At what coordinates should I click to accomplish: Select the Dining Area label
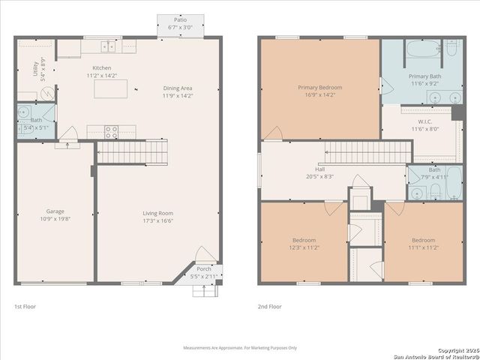[178, 88]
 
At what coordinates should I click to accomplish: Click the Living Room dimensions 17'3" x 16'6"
[158, 221]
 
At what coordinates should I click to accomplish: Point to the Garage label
[55, 211]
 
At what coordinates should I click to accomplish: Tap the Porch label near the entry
[204, 269]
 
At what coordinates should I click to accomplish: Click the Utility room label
[35, 68]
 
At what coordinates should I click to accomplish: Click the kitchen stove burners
[110, 132]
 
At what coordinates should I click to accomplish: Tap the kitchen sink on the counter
[109, 46]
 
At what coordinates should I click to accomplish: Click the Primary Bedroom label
[319, 88]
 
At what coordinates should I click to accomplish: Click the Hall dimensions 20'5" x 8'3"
[320, 177]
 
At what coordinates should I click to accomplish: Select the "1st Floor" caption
[25, 306]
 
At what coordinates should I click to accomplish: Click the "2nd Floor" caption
[269, 306]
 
